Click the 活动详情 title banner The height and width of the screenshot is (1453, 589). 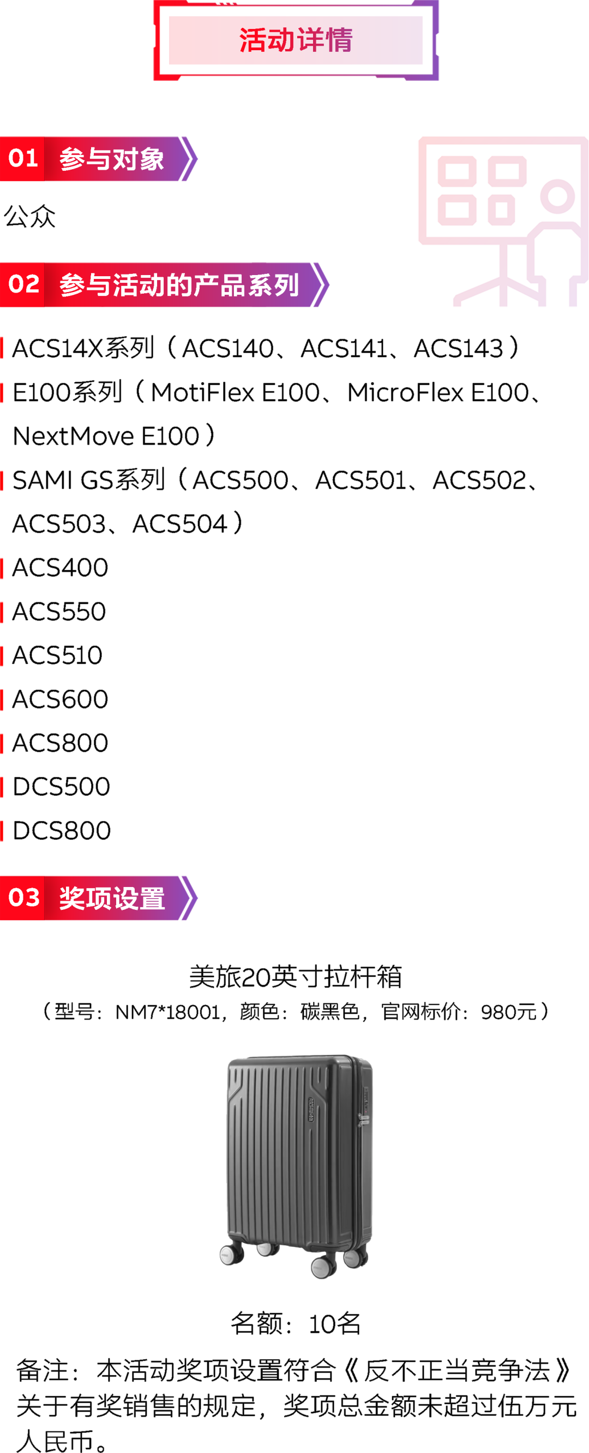coord(296,40)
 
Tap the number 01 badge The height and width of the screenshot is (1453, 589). coord(22,158)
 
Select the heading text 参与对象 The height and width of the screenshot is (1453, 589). coord(112,159)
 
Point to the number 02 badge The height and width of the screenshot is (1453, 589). coord(23,284)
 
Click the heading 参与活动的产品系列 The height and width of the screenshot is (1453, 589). coord(179,285)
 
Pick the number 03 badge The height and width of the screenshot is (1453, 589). coord(23,898)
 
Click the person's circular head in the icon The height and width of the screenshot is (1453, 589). coord(557,196)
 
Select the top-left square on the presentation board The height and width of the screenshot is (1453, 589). coord(456,171)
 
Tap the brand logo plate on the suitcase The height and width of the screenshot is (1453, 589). coord(310,1110)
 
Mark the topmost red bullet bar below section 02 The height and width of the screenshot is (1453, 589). coord(2,348)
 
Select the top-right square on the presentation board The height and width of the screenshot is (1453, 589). coord(507,171)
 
